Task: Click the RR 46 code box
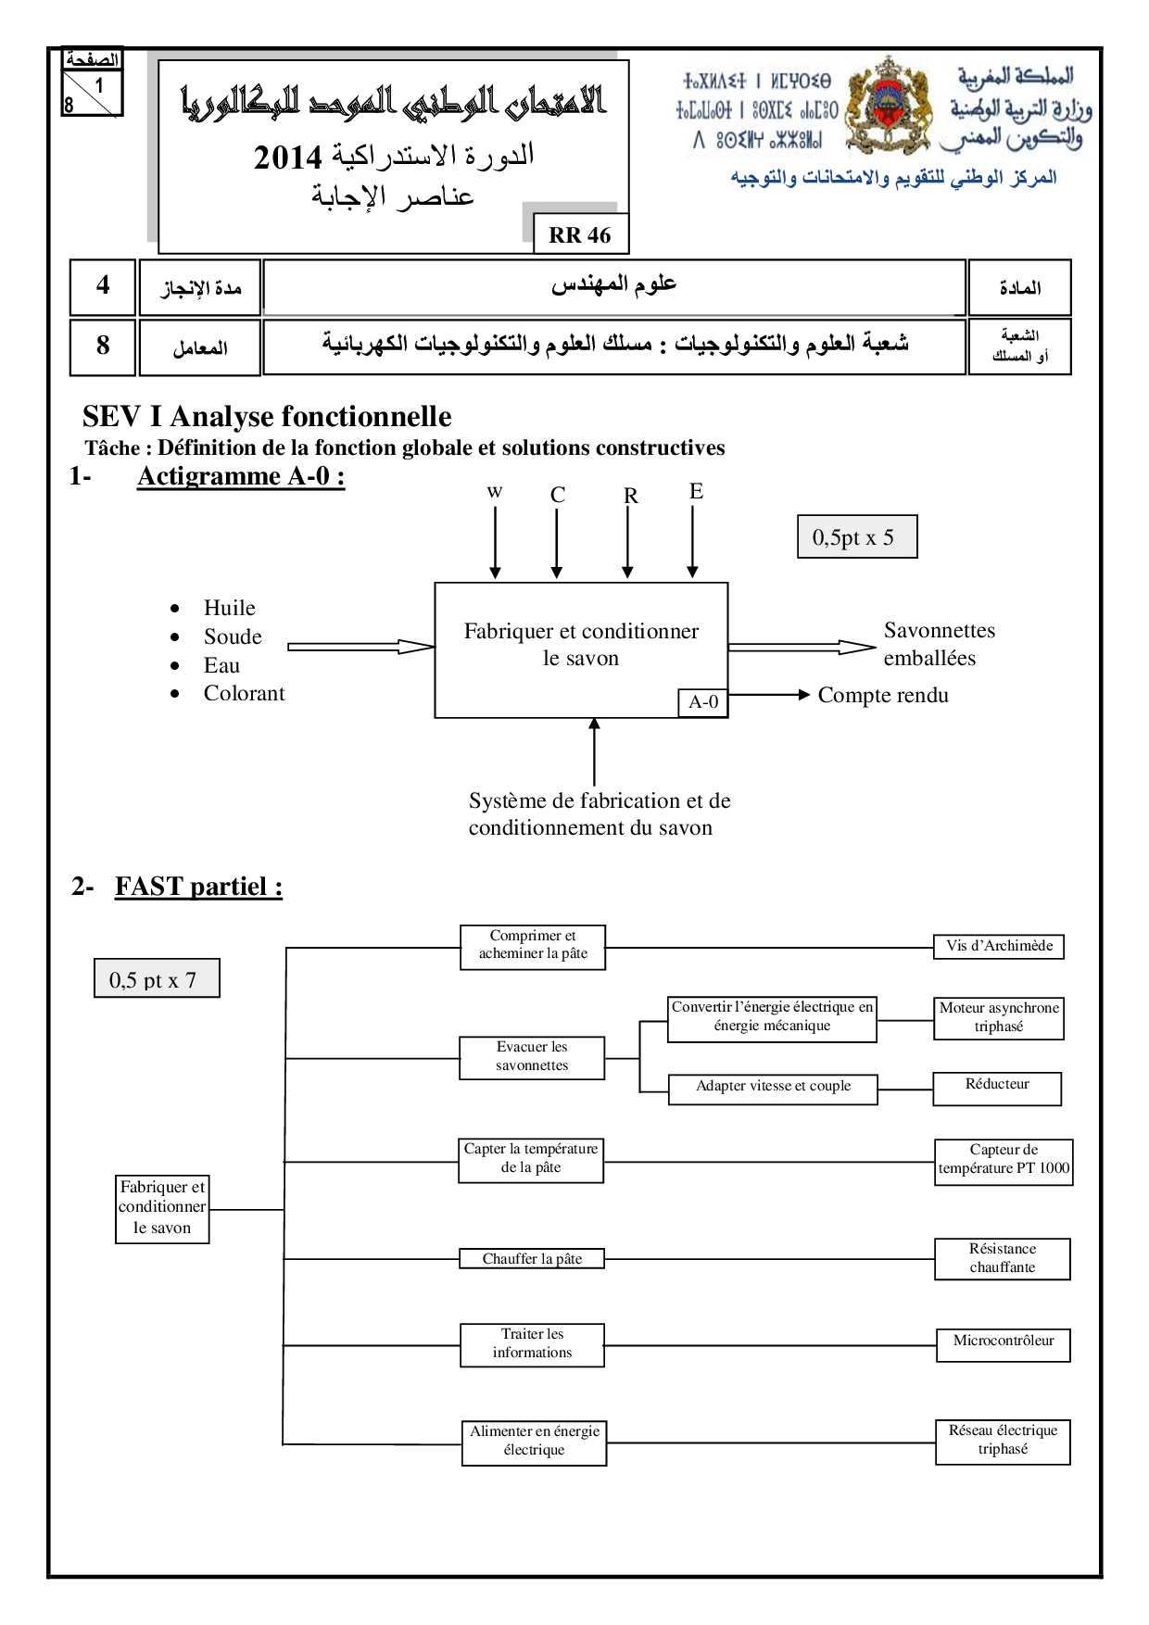pyautogui.click(x=581, y=233)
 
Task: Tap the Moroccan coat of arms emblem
pyautogui.click(x=889, y=106)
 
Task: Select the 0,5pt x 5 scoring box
pyautogui.click(x=857, y=536)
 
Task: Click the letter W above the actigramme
pyautogui.click(x=495, y=492)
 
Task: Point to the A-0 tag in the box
pyautogui.click(x=703, y=702)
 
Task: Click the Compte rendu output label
pyautogui.click(x=883, y=695)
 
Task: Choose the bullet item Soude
pyautogui.click(x=233, y=636)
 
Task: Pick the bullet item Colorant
pyautogui.click(x=245, y=693)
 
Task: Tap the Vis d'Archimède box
pyautogui.click(x=999, y=946)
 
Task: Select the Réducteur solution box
pyautogui.click(x=997, y=1089)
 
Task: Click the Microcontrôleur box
pyautogui.click(x=1004, y=1344)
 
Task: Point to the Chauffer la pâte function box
pyautogui.click(x=532, y=1258)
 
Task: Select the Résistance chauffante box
pyautogui.click(x=1003, y=1258)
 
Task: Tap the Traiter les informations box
pyautogui.click(x=532, y=1344)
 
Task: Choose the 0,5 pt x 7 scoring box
pyautogui.click(x=157, y=978)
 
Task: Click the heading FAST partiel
pyautogui.click(x=198, y=887)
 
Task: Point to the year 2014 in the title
pyautogui.click(x=288, y=158)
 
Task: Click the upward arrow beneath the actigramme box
pyautogui.click(x=594, y=751)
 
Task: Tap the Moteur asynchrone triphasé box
pyautogui.click(x=999, y=1018)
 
